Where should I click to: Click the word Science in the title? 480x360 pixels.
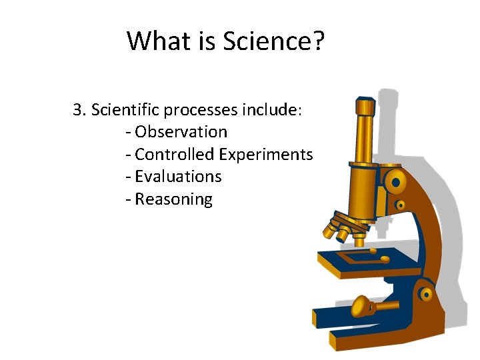[266, 41]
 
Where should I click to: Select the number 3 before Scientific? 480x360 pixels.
[77, 109]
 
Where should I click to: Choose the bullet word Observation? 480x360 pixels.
[181, 132]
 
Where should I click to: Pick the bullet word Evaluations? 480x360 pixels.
[178, 177]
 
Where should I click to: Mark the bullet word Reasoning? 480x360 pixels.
[173, 199]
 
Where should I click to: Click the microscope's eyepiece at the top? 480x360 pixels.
[365, 107]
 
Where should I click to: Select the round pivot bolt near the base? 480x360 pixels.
[425, 292]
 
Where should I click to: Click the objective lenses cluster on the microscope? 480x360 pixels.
[339, 227]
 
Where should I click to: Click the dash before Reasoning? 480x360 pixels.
[128, 199]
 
